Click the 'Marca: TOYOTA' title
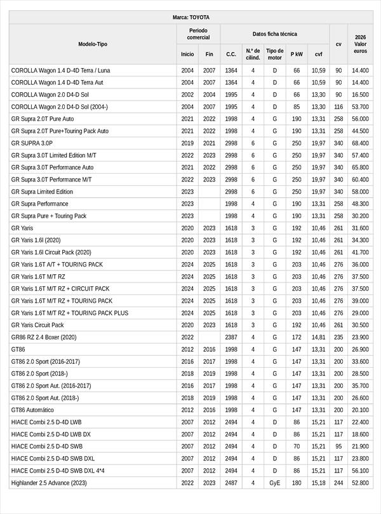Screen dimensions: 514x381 190,17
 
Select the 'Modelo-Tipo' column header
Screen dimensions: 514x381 93,44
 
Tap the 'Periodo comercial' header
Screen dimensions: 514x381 199,34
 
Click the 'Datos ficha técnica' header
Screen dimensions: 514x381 274,34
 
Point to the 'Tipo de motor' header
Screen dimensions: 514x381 275,54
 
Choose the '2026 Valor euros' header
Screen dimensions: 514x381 360,44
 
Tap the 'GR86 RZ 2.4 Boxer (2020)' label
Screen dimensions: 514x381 44,337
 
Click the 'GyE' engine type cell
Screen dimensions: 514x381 275,483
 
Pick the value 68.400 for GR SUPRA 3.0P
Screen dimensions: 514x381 360,143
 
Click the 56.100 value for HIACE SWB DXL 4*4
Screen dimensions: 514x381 360,471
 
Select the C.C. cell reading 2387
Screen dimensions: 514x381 231,337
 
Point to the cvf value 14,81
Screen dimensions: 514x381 318,337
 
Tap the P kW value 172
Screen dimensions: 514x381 297,337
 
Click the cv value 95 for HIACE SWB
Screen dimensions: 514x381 338,447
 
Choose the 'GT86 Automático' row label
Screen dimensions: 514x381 32,410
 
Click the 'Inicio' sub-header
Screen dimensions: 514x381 187,54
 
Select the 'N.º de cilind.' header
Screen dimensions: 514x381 253,54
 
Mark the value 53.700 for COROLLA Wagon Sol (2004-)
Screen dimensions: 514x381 360,107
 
